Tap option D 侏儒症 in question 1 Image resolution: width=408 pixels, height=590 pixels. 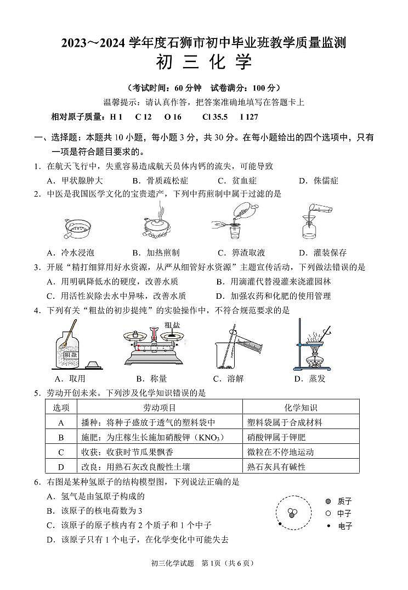[x=319, y=180]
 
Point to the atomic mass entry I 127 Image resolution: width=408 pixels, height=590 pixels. [x=249, y=117]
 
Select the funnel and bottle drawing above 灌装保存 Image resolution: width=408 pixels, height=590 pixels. [x=314, y=222]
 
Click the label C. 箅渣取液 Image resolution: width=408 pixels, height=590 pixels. [x=241, y=253]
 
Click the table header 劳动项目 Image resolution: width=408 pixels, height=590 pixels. [x=160, y=408]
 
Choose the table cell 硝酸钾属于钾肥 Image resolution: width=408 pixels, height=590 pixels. [x=276, y=437]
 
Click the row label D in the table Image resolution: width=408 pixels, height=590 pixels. [x=61, y=467]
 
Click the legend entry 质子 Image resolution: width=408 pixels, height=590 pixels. [x=338, y=501]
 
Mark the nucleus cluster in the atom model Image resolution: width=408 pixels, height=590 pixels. [x=293, y=513]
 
